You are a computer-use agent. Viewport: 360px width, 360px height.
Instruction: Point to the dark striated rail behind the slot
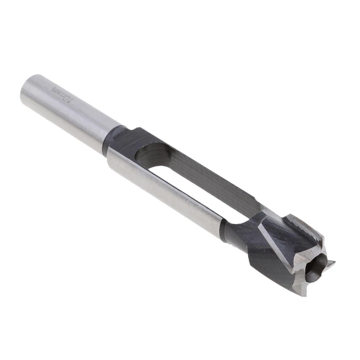tap(210, 176)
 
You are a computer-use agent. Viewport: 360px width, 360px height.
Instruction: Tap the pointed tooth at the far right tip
tap(331, 264)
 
